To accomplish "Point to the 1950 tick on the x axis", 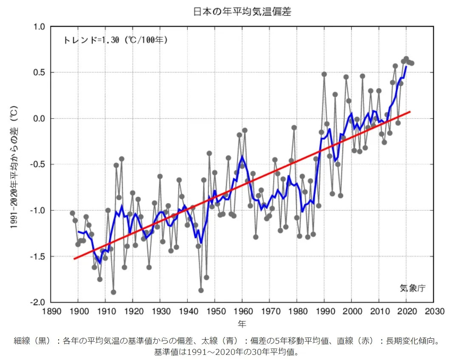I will pos(215,311).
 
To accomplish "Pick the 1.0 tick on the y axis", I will pos(39,27).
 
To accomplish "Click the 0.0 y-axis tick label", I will pos(39,119).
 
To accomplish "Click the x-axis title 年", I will pos(242,323).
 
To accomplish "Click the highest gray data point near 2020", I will pos(406,59).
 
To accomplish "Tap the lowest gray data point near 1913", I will pos(113,292).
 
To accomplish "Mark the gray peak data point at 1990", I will pos(324,74).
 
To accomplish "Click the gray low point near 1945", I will pos(201,290).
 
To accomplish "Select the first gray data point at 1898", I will pos(73,213).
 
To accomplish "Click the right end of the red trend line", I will pos(410,111).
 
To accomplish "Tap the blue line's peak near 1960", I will pos(242,156).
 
